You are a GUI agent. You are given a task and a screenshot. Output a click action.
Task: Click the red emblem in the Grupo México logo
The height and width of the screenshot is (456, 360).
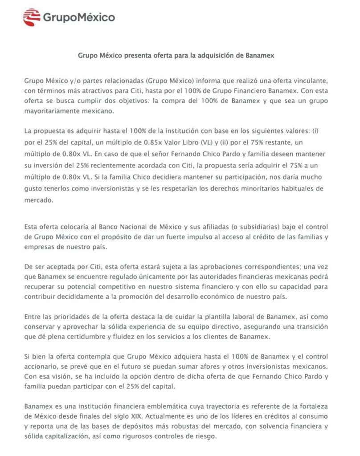[32, 17]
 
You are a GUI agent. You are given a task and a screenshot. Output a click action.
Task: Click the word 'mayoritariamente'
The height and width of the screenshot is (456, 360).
[53, 111]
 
